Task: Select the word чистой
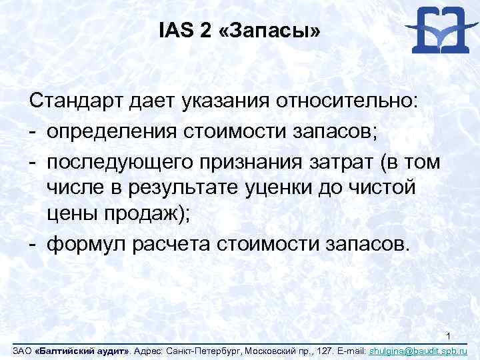386,187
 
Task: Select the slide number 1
449,335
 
